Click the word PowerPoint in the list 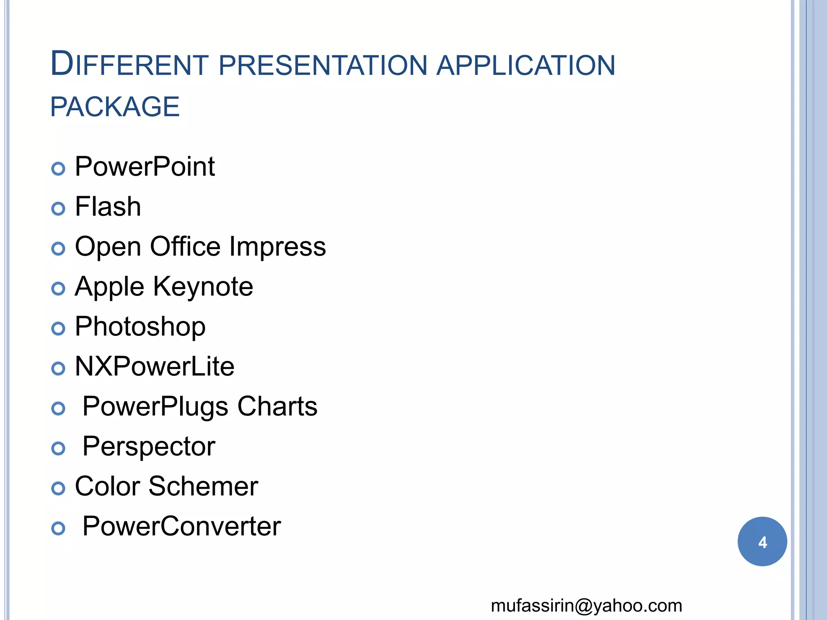[145, 167]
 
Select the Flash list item [108, 207]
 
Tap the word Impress [277, 247]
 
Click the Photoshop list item [140, 327]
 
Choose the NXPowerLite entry [154, 367]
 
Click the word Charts [277, 406]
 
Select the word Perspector [149, 446]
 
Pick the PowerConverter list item [181, 526]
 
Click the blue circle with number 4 [762, 542]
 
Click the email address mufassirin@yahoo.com [586, 606]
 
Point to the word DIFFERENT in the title [129, 65]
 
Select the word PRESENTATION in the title [323, 65]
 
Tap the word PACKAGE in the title [115, 107]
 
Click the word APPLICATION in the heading [525, 65]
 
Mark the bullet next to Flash [58, 209]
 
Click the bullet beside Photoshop [58, 329]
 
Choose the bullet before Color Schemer [58, 488]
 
